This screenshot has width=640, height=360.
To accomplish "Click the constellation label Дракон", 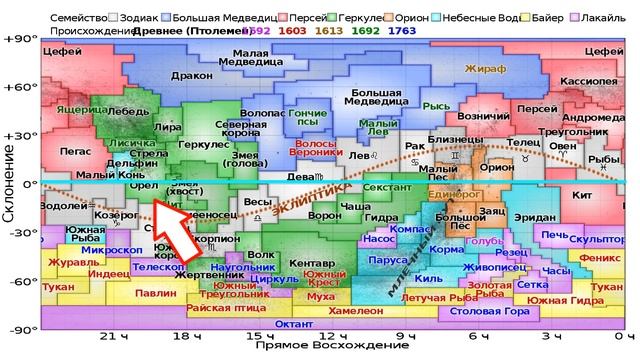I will pos(193,74).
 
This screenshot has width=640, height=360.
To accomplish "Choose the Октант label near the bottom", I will pos(292,323).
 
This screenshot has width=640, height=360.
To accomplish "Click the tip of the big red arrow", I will pos(152,203).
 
